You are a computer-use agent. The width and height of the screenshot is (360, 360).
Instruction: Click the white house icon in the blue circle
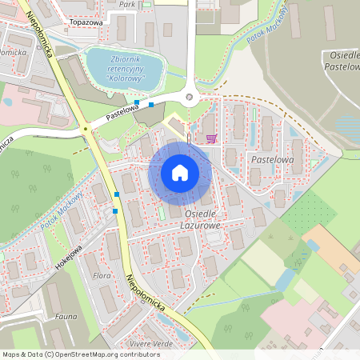tap(180, 173)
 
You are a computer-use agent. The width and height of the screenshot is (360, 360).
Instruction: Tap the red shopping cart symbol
tap(211, 138)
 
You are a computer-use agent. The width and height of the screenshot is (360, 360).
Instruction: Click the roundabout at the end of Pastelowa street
tap(190, 98)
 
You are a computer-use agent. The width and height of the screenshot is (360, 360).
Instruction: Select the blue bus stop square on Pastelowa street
tap(151, 105)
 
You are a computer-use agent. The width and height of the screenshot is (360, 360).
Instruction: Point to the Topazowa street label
tap(87, 22)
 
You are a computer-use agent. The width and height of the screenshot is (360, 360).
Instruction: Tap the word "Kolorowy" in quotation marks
tap(123, 78)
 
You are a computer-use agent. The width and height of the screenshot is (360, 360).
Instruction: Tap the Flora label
tap(102, 275)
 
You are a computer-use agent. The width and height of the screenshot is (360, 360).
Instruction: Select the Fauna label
tap(66, 317)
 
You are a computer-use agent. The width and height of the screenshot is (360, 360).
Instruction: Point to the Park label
tap(126, 4)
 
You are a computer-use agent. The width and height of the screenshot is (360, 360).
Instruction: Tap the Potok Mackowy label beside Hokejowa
tap(62, 210)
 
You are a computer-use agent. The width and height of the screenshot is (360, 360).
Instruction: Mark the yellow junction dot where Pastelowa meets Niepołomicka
tap(85, 128)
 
